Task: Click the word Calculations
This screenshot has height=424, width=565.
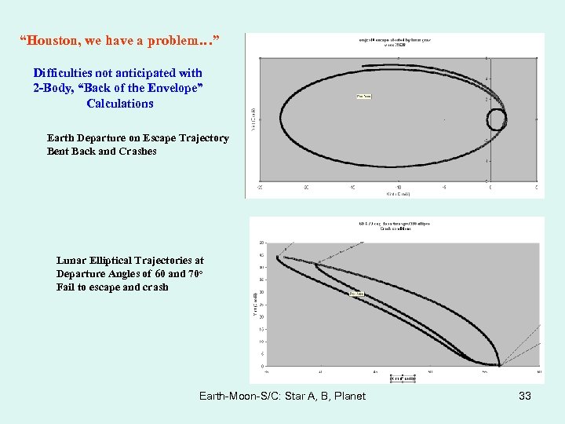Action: coord(120,104)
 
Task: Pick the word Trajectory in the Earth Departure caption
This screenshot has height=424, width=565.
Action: coord(203,138)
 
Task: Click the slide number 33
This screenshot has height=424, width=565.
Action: coord(525,396)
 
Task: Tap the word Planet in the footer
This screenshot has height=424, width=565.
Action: coord(349,396)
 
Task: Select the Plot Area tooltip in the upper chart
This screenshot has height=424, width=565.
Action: coord(364,97)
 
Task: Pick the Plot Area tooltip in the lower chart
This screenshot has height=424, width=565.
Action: coord(355,294)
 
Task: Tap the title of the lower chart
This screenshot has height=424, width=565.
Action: coord(395,225)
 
